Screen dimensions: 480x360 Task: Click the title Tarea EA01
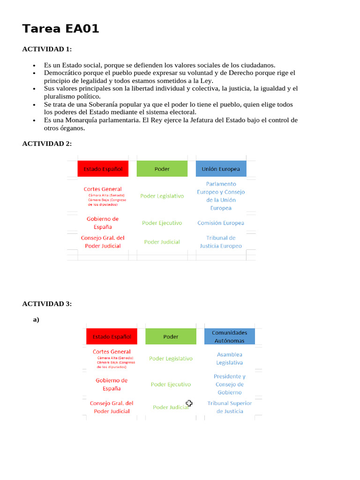[61, 29]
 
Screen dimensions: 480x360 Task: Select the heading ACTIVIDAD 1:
[47, 49]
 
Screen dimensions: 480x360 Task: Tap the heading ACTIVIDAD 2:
[47, 143]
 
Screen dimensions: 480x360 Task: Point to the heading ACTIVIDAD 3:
[47, 304]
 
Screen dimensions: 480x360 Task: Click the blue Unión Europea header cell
[221, 169]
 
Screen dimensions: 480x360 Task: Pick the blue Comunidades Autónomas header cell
[230, 337]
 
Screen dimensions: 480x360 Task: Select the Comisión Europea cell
[221, 223]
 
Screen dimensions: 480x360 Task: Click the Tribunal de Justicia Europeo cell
[221, 242]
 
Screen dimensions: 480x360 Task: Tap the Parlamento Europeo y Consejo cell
[221, 196]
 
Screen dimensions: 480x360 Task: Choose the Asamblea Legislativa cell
[230, 359]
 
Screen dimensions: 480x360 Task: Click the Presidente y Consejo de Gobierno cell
[230, 384]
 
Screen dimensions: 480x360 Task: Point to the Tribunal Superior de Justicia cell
[230, 407]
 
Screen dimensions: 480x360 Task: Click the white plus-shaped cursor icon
[189, 403]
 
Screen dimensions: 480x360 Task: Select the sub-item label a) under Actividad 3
[36, 320]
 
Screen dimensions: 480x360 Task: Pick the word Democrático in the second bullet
[64, 73]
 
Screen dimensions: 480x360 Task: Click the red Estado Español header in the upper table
[103, 169]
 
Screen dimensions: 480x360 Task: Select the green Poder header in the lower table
[171, 337]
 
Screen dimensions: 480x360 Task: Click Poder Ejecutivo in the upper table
[162, 223]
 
